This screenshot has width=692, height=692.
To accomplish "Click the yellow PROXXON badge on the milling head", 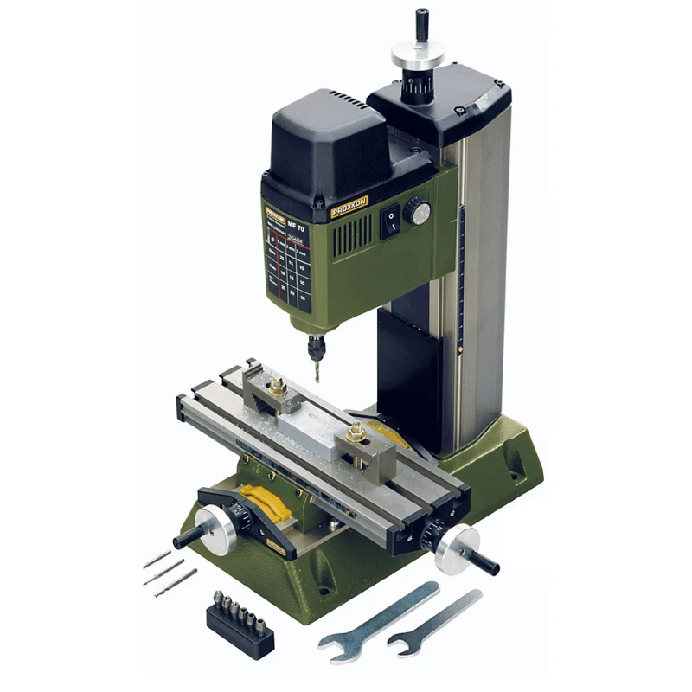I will (x=349, y=208).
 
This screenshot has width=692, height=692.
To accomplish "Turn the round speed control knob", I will (x=418, y=210).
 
